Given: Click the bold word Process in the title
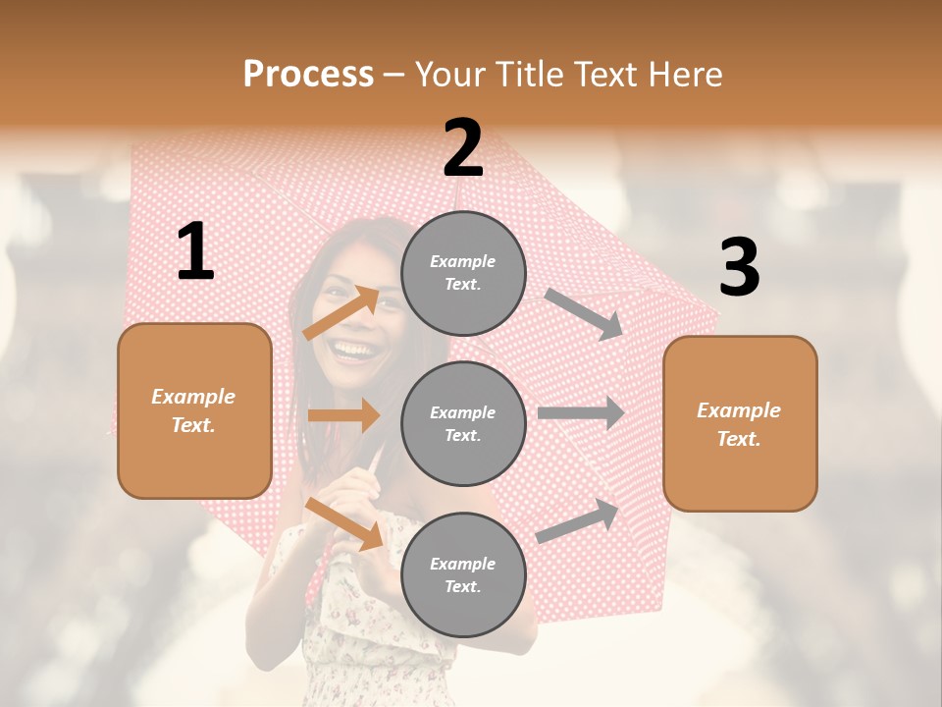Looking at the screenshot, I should point(308,75).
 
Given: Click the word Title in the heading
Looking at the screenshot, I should point(531,75).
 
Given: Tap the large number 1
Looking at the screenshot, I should point(195,252).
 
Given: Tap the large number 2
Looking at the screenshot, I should point(463,148).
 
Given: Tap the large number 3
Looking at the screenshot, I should point(739,267).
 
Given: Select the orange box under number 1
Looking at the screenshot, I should point(194,410).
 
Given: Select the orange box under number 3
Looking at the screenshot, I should point(740,424).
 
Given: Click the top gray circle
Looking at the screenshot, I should point(463,272).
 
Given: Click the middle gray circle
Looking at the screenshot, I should point(463,423).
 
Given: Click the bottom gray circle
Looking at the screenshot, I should point(463,574).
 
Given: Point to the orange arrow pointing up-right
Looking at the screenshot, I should point(341,312).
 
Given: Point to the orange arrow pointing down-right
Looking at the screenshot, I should point(344,522).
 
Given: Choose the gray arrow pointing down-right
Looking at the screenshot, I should point(583,313).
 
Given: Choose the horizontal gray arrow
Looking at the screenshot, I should point(581,413).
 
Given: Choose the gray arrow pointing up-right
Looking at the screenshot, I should point(578,520).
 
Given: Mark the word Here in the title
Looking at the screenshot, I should point(686,75).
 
